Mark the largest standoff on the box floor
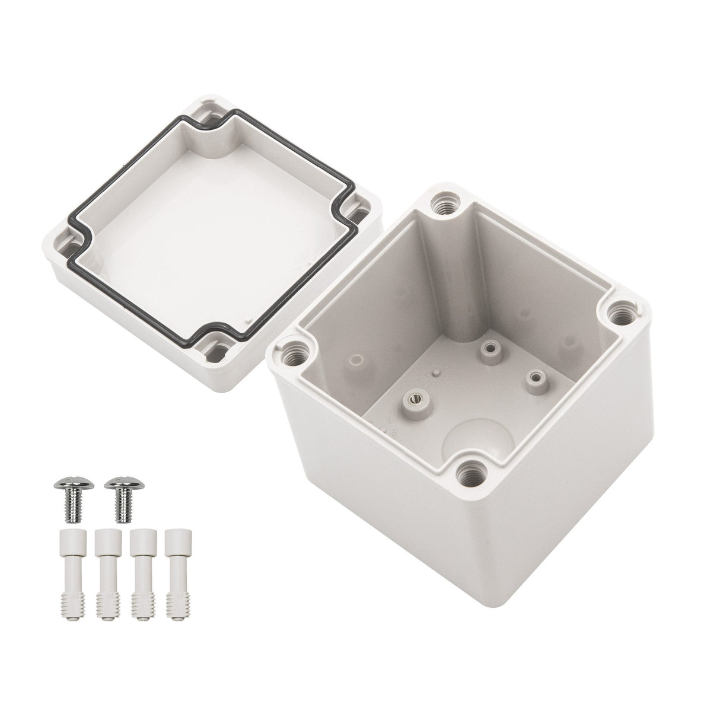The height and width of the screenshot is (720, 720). point(413,403)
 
